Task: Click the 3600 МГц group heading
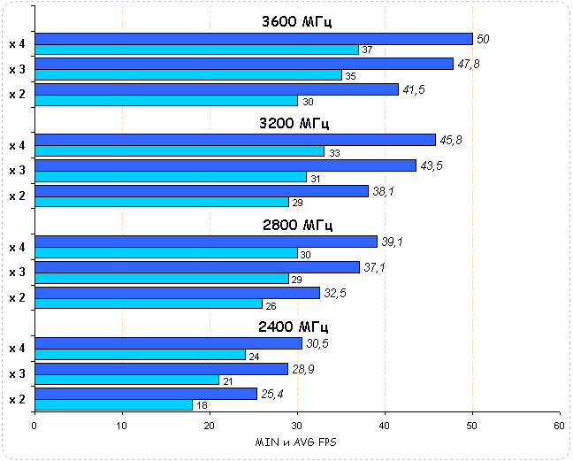coord(296,21)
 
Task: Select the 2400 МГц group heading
coord(296,327)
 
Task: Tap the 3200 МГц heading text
coord(296,123)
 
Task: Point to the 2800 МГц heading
coord(296,225)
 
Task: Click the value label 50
coord(483,39)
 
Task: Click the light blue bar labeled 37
coord(196,50)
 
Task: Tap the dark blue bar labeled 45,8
coord(235,140)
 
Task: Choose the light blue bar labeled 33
coord(180,151)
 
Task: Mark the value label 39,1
coord(390,242)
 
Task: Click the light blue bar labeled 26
coord(149,304)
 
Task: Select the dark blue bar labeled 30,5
coord(168,343)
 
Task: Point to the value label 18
coord(201,405)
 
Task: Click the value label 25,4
coord(271,394)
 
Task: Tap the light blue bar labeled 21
coord(126,380)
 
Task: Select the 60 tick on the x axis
coord(559,426)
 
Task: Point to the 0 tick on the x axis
coord(34,426)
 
